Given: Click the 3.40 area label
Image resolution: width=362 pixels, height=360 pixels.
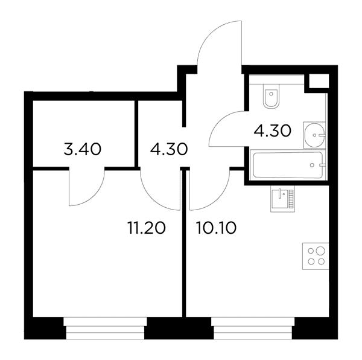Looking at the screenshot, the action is (x=83, y=149).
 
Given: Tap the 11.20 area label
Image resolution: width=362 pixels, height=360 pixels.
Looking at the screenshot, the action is (x=147, y=228).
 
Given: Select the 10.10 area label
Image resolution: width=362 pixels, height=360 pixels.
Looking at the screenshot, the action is (x=216, y=228).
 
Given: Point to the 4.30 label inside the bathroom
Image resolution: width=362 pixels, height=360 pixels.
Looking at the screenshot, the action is (x=273, y=131).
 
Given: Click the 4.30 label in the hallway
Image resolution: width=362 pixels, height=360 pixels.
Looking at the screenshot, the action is (x=169, y=149).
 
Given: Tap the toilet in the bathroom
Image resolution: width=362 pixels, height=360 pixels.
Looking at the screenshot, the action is (x=271, y=95).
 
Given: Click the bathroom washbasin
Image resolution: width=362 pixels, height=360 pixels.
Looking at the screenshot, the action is (x=314, y=135).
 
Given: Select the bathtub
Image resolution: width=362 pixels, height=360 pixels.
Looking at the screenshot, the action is (x=288, y=165).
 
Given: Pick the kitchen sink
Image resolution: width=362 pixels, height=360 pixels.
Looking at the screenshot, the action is (x=282, y=199).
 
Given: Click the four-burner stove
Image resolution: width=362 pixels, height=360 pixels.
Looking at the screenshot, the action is (x=316, y=256).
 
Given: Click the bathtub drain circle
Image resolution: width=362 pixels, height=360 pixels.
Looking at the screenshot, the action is (x=312, y=165).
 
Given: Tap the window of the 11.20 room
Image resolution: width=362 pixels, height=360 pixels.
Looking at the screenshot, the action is (x=105, y=328).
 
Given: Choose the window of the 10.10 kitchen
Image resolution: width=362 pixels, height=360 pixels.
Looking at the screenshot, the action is (x=253, y=328).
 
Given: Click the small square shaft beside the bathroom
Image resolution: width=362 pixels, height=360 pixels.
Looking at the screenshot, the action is (x=319, y=81).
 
